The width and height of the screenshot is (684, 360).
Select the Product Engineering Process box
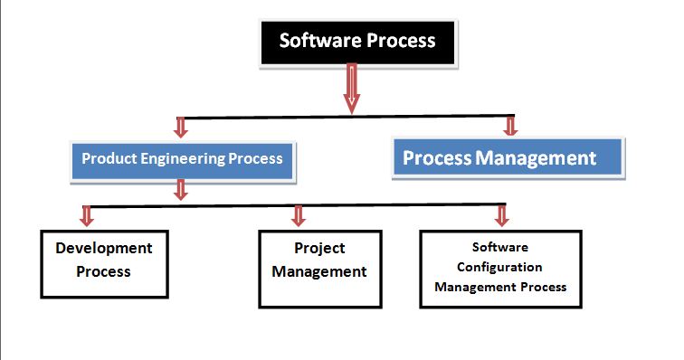182,158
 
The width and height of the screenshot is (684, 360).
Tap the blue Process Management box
508,158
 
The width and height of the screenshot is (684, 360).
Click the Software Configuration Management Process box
500,267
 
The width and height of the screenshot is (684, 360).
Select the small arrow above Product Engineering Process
181,127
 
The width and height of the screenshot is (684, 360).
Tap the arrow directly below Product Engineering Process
181,189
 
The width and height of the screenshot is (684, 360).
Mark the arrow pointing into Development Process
87,215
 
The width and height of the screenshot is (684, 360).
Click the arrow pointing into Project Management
299,215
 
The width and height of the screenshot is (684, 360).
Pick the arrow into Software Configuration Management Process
501,215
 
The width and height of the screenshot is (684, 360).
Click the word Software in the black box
315,41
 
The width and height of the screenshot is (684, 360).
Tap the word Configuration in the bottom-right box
499,267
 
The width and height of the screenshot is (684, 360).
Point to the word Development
104,248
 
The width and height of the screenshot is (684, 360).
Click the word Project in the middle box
319,248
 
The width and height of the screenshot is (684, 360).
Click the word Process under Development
104,271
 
